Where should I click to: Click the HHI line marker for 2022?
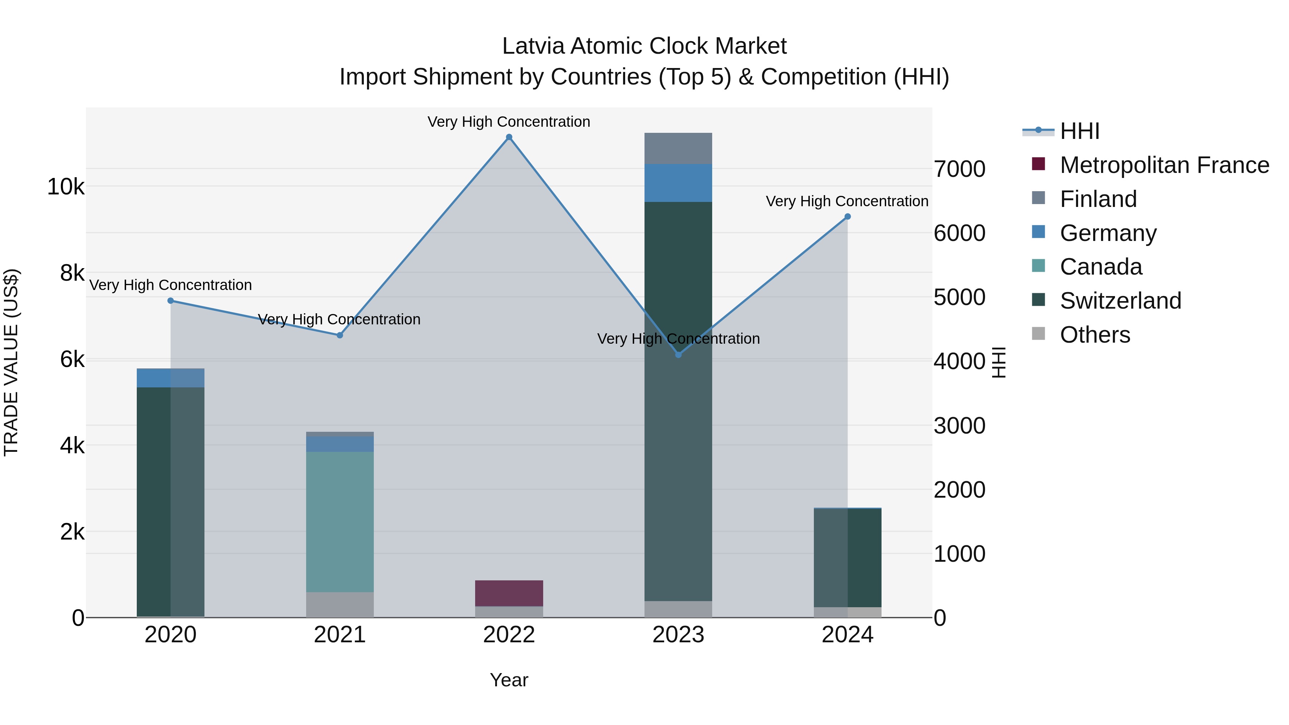point(509,137)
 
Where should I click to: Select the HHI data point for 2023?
point(678,355)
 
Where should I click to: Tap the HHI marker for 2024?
point(848,217)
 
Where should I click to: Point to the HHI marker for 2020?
point(171,301)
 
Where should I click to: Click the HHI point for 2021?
point(340,335)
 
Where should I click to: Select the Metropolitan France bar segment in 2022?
point(509,593)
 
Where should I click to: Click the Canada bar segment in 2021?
point(340,522)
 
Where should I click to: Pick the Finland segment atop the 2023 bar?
point(678,149)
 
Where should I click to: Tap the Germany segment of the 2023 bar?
point(678,183)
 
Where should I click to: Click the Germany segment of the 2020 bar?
point(171,378)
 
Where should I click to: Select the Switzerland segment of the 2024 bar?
point(848,558)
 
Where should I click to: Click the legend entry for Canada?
point(1101,267)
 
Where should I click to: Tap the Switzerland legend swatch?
point(1039,300)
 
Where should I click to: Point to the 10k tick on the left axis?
point(66,187)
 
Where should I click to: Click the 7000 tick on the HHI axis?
point(959,169)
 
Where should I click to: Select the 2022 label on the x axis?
point(509,635)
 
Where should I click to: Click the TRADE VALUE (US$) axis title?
point(11,362)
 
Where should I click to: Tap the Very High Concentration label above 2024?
point(847,201)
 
